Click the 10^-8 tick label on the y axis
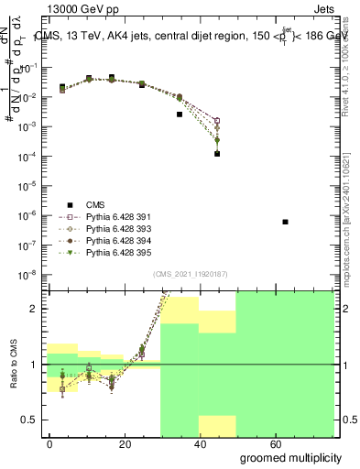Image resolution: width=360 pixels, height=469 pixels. pos(31,274)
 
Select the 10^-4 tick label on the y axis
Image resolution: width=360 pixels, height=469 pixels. pos(31,156)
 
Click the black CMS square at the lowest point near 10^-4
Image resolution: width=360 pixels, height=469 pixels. pos(217,154)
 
